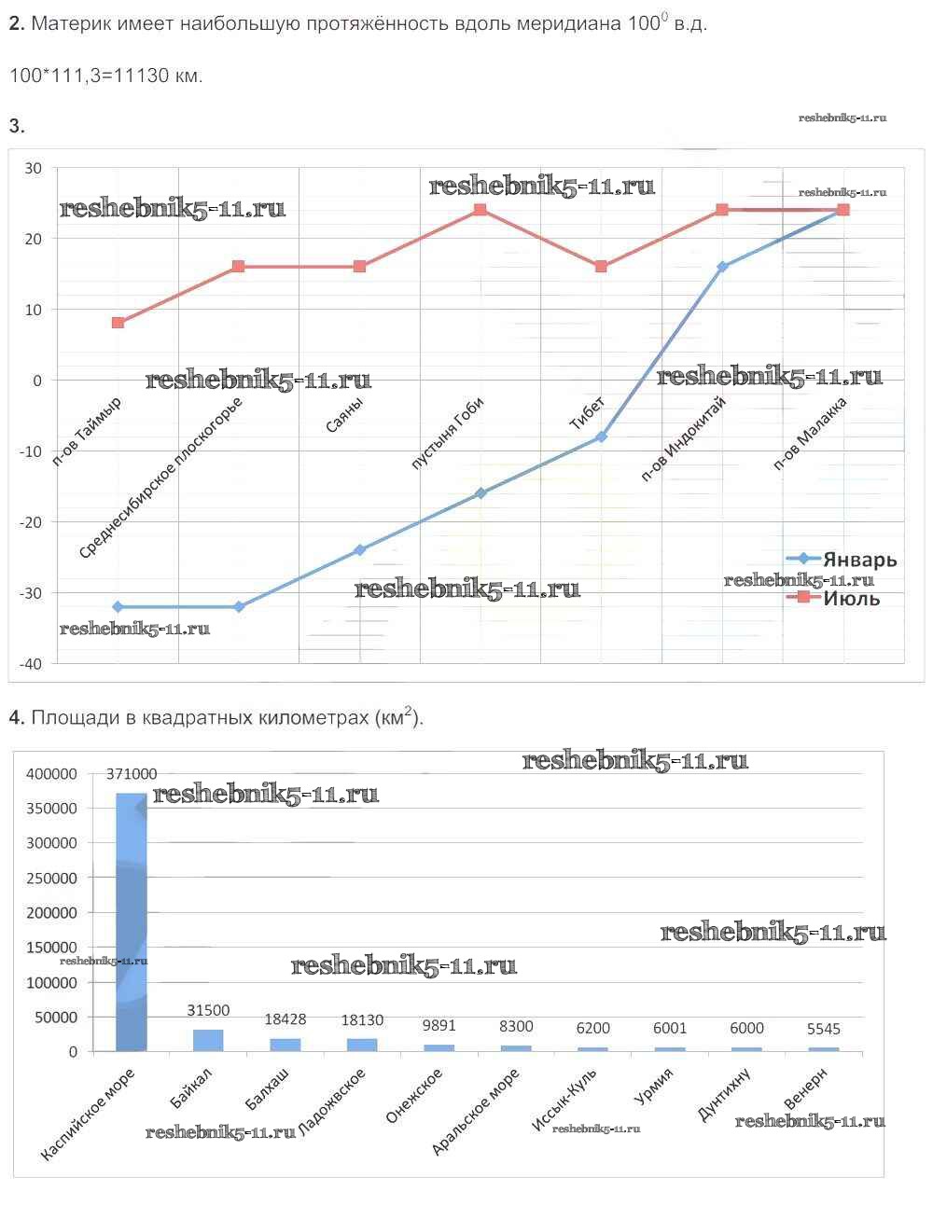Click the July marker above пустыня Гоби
480,210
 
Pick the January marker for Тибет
601,436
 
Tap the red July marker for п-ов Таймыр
118,323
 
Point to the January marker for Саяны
359,550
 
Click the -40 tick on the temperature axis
33,663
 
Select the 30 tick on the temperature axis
34,168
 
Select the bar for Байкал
208,1040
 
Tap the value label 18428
285,1019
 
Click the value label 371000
132,774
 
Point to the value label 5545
823,1029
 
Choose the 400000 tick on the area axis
52,774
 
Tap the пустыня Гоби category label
448,433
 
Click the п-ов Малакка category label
811,433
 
